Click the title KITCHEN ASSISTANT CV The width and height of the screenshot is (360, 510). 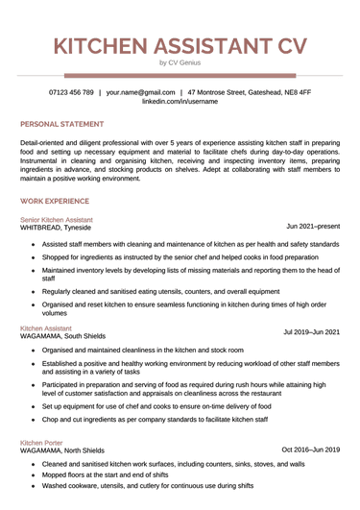pos(180,45)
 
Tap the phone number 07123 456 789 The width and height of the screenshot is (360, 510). pos(71,92)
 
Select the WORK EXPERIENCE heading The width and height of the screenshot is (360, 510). pos(55,201)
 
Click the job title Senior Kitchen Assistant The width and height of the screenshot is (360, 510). pos(57,220)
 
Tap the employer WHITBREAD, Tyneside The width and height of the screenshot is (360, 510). pos(56,229)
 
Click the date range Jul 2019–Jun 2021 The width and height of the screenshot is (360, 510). pos(311,332)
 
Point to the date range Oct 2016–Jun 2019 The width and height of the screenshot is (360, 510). pos(310,449)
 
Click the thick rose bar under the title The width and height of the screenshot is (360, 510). pos(180,74)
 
